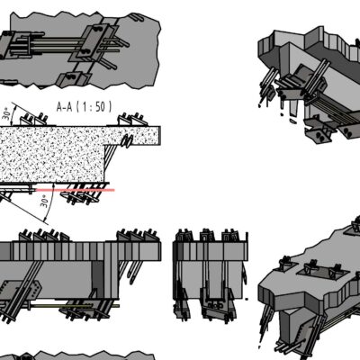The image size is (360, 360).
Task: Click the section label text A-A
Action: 64,107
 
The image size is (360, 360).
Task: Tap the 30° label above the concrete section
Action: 8,113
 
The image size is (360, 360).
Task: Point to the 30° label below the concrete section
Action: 44,201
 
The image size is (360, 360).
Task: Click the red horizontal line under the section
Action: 75,190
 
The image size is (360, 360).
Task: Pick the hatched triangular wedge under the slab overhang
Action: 112,155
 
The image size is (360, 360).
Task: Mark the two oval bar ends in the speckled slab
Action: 127,141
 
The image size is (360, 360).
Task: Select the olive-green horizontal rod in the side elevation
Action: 75,306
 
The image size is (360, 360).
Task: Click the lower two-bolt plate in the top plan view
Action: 72,78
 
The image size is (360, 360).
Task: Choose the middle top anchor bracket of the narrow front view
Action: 208,236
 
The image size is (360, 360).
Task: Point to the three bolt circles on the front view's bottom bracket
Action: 215,305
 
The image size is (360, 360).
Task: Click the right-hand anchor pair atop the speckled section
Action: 132,120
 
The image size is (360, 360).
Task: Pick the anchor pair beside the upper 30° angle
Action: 33,119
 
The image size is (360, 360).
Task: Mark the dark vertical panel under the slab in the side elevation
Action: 97,280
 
